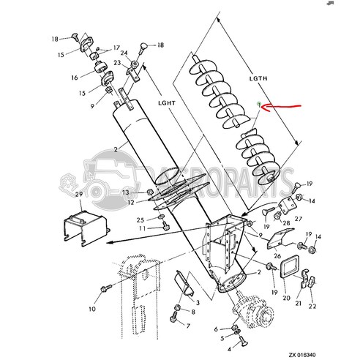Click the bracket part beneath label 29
[80, 223]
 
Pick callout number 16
[75, 77]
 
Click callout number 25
[140, 220]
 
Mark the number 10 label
[92, 309]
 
